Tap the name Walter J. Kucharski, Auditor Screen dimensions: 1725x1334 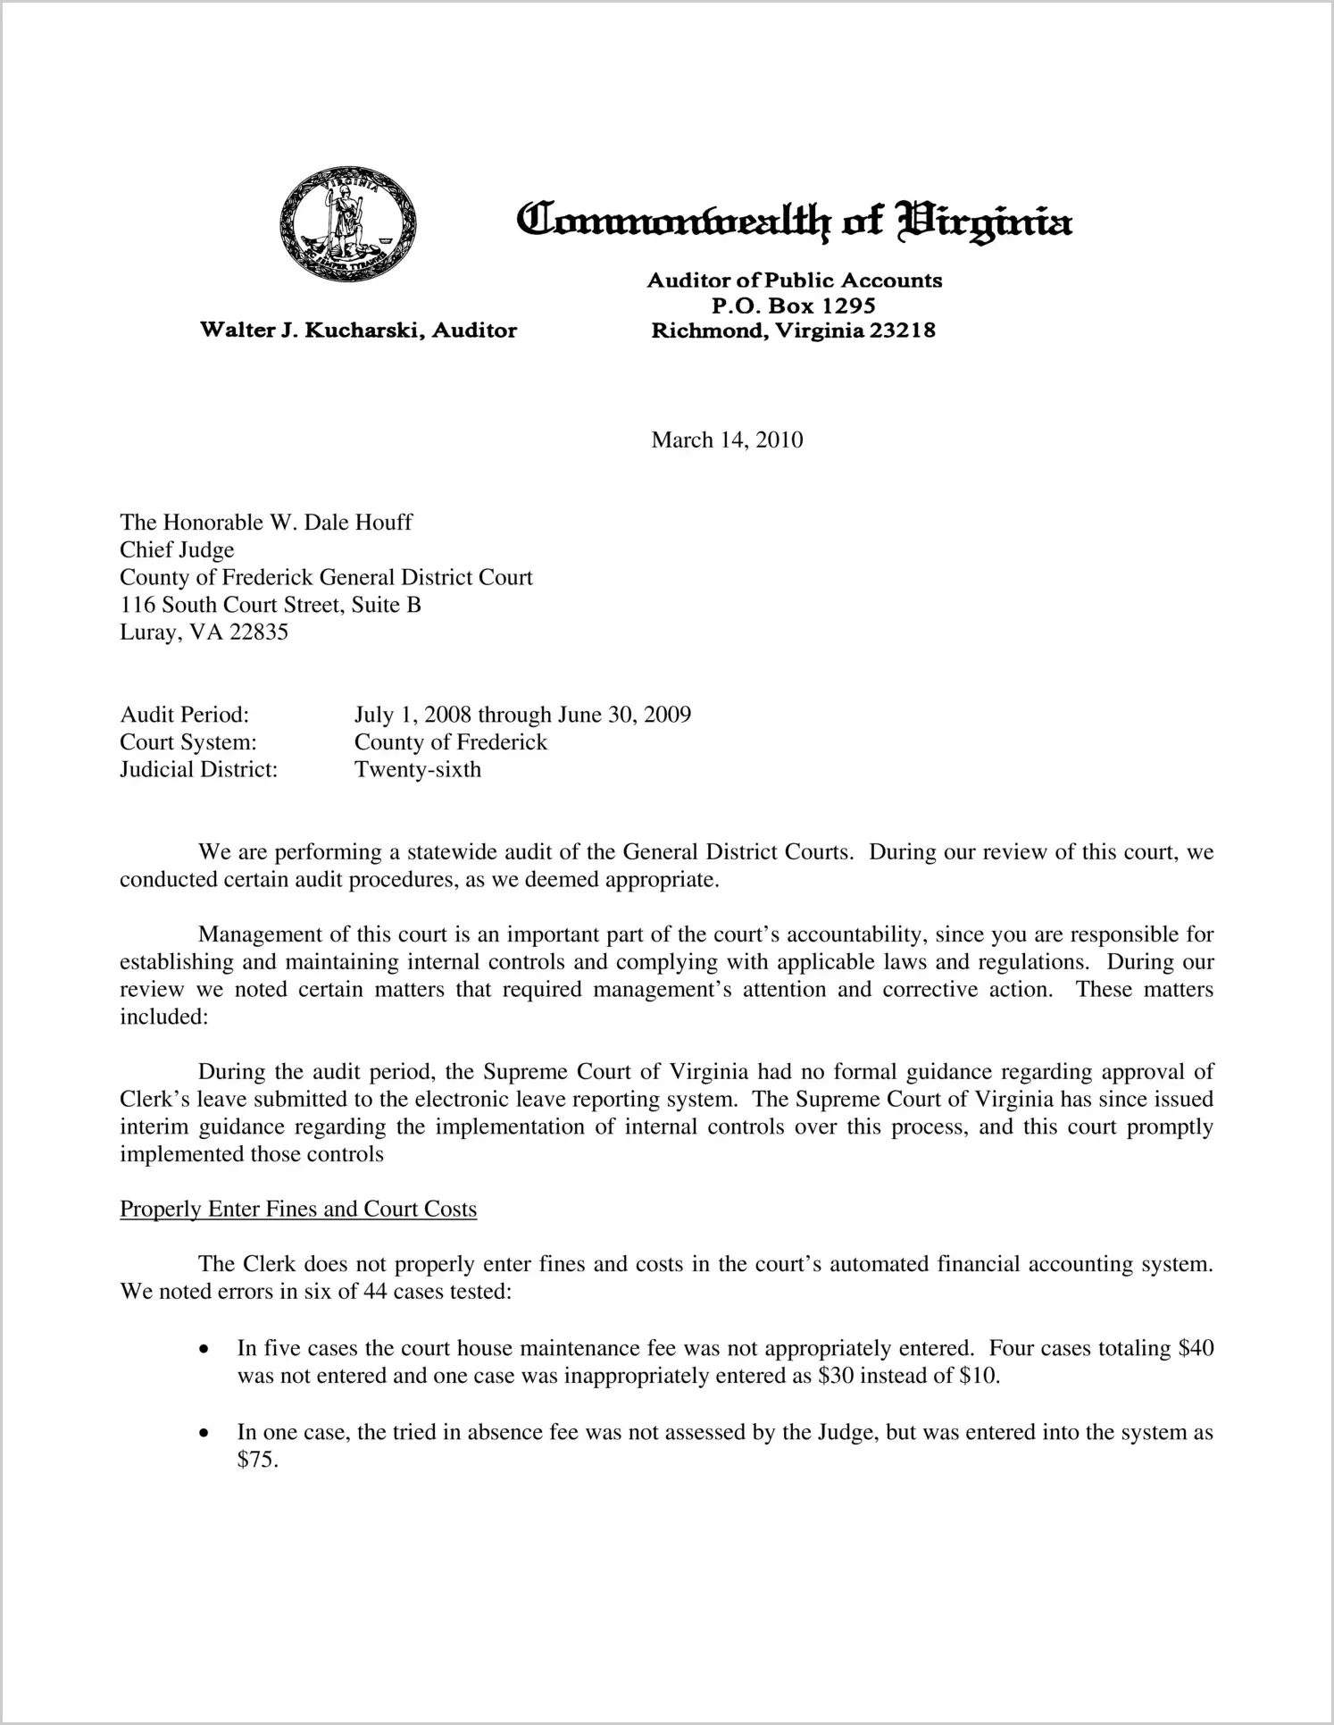pos(358,331)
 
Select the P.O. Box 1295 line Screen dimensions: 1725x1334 pos(793,306)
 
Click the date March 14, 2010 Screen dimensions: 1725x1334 pos(727,440)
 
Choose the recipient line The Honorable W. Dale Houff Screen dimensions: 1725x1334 pos(266,523)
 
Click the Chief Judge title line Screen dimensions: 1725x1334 pos(177,550)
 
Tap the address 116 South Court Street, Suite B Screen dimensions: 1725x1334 pos(271,605)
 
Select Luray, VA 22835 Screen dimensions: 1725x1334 pos(204,632)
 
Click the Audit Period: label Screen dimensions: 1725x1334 pos(184,715)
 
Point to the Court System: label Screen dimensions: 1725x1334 pos(188,742)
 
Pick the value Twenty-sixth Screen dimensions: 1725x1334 pos(417,770)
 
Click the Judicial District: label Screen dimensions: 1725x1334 pos(199,770)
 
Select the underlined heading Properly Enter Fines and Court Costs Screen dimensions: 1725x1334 pos(298,1210)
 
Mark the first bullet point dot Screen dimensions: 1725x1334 pos(205,1349)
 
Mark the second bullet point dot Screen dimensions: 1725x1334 pos(205,1433)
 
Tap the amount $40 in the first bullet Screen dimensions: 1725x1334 pos(1196,1348)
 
